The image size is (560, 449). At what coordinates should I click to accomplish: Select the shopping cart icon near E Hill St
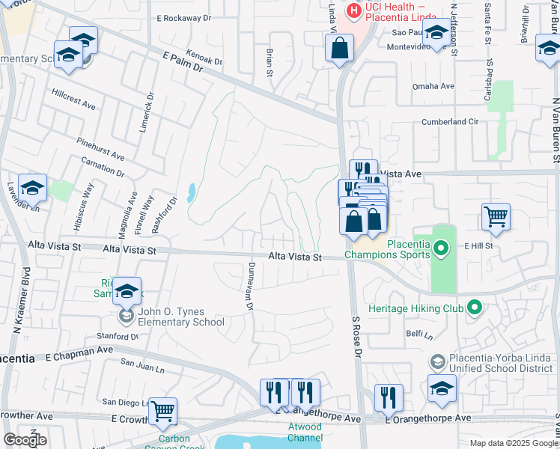tap(496, 217)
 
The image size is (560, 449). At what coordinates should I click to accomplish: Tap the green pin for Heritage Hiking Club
tap(474, 308)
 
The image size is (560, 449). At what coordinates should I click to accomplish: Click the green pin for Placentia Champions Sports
tap(441, 248)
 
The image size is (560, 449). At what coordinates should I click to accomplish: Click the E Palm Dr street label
tap(183, 61)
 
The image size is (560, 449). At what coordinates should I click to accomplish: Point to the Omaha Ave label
tap(433, 86)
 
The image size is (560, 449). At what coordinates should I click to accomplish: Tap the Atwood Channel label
tap(304, 432)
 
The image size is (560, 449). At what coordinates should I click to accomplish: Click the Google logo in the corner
tap(24, 440)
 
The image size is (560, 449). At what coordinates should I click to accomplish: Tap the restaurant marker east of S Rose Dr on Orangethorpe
tap(388, 397)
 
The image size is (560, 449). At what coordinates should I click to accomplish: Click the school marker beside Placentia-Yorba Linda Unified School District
tap(442, 388)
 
